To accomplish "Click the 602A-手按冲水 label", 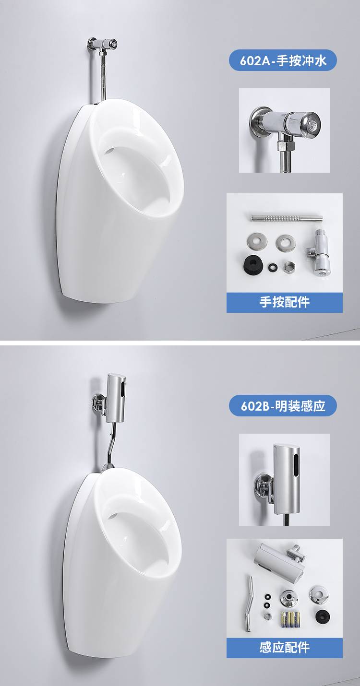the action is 283,60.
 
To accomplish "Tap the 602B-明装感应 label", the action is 283,406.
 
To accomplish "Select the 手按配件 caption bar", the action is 284,302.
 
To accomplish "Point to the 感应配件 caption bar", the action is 284,648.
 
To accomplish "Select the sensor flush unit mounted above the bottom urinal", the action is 114,399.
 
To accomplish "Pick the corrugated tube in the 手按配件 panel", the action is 287,218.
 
